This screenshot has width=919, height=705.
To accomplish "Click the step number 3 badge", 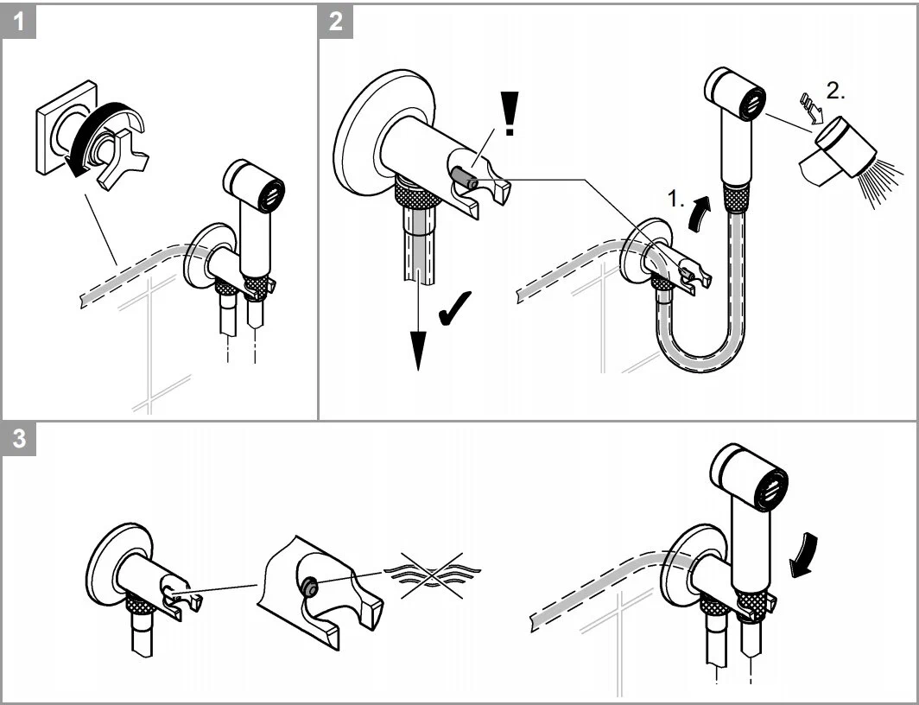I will [20, 439].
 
